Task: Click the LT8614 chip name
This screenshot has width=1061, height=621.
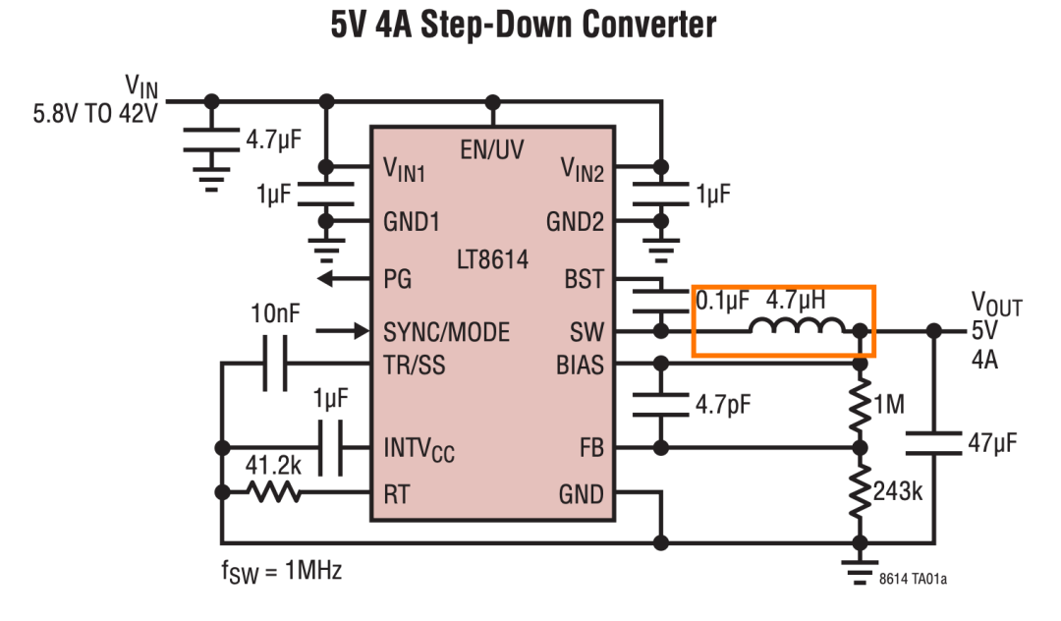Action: tap(492, 259)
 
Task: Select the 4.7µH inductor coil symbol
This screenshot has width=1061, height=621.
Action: tap(797, 325)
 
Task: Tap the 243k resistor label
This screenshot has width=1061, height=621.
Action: tap(897, 491)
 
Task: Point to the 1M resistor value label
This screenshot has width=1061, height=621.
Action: tap(889, 405)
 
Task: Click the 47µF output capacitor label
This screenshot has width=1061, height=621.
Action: tap(992, 443)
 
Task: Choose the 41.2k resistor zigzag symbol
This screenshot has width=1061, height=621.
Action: tap(274, 492)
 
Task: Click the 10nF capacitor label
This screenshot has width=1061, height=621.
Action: tap(275, 313)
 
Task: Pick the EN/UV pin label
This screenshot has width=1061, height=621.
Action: tap(492, 149)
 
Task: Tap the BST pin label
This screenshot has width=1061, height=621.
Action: tap(584, 279)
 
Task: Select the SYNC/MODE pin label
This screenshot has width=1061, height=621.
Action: tap(447, 332)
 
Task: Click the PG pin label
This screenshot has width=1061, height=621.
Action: tap(397, 279)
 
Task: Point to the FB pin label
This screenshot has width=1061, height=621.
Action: tap(591, 448)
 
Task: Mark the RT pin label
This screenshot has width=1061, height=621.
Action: tap(397, 494)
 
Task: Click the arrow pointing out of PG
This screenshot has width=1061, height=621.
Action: tap(344, 278)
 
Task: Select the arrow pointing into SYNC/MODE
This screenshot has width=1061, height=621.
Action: tap(343, 331)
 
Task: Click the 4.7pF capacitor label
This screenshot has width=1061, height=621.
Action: tap(723, 405)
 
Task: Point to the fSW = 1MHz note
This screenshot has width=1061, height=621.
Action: tap(281, 572)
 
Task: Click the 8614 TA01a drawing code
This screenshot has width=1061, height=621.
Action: tap(913, 579)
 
